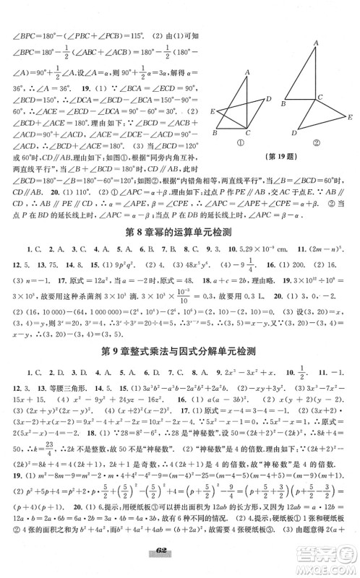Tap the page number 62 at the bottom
(180, 566)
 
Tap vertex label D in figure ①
(269, 98)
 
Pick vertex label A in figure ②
(315, 43)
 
